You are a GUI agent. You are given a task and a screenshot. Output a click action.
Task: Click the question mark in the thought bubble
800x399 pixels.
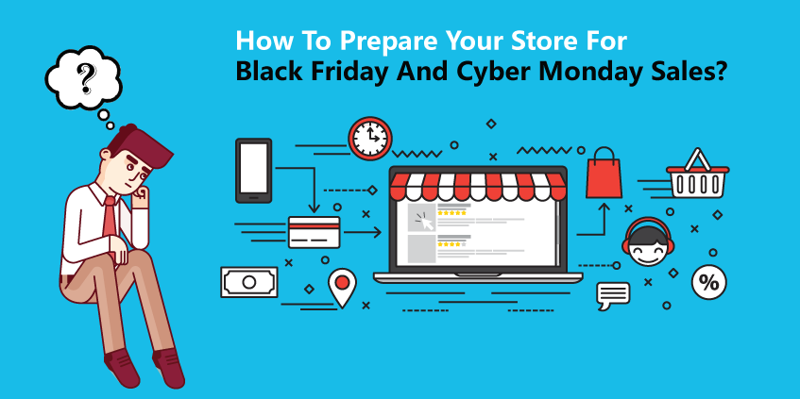pos(86,79)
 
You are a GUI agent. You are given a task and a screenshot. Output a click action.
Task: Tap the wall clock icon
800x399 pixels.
pos(370,138)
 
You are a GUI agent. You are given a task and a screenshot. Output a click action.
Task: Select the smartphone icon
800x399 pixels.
pos(253,171)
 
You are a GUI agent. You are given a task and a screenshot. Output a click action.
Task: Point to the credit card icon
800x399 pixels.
pos(314,232)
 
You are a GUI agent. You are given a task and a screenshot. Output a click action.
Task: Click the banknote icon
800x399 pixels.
pos(249,282)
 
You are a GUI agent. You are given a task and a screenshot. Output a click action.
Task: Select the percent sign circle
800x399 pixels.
pos(708,282)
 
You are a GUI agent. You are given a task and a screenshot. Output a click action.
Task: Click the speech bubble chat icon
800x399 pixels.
pos(613,295)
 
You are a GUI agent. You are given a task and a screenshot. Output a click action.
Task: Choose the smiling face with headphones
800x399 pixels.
pos(647,241)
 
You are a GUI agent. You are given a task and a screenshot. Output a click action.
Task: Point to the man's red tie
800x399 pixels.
pos(110,218)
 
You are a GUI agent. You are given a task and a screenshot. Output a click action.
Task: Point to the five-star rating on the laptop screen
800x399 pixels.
pos(451,212)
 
